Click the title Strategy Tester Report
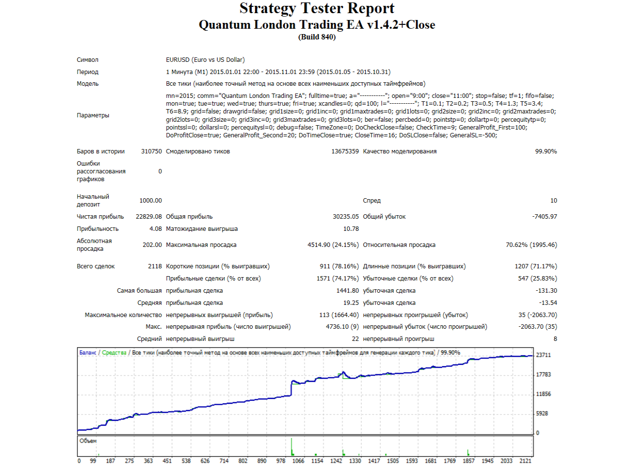tap(317, 8)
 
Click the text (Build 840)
tap(317, 37)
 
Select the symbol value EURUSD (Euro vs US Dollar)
tap(205, 60)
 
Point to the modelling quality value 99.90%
tap(546, 151)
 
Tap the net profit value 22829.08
tap(149, 217)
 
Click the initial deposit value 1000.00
tap(151, 201)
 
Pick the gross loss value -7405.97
tap(544, 217)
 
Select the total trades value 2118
tap(155, 266)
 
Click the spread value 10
tap(554, 201)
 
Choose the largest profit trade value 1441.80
tap(347, 290)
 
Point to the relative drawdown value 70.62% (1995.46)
tap(531, 245)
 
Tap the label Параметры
tap(93, 115)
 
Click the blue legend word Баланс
tap(88, 353)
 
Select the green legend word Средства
tap(114, 353)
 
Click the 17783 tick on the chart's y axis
tap(543, 375)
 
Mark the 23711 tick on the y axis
tap(543, 355)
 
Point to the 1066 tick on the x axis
tap(298, 461)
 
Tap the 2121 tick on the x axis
tap(525, 461)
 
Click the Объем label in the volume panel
tap(88, 441)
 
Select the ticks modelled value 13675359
tap(345, 151)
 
